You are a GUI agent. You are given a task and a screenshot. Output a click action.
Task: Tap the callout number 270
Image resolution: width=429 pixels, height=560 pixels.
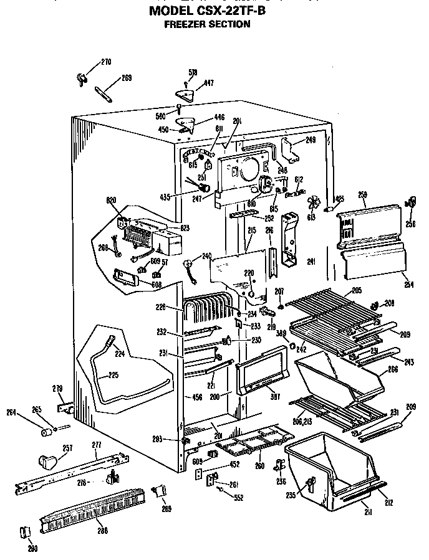click(106, 62)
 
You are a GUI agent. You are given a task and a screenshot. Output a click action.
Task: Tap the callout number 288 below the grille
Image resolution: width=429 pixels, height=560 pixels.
click(103, 531)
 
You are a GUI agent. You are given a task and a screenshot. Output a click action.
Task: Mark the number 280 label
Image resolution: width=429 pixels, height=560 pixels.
click(32, 549)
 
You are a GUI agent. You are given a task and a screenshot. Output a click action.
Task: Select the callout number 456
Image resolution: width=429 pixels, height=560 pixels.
click(197, 397)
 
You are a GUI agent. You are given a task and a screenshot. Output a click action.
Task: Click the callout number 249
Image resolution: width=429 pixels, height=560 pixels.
click(310, 140)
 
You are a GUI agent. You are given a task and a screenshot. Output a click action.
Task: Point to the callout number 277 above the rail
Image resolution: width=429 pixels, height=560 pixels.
click(96, 445)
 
